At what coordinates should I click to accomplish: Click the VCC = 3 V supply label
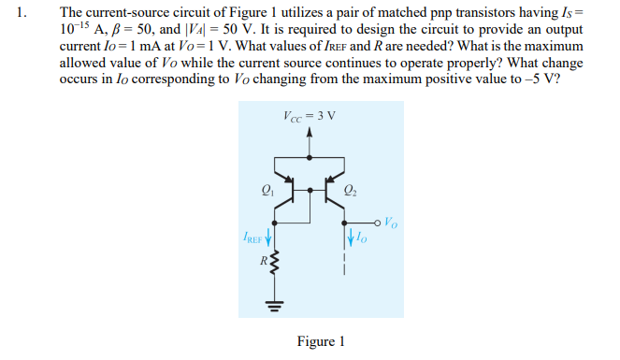coord(309,116)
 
